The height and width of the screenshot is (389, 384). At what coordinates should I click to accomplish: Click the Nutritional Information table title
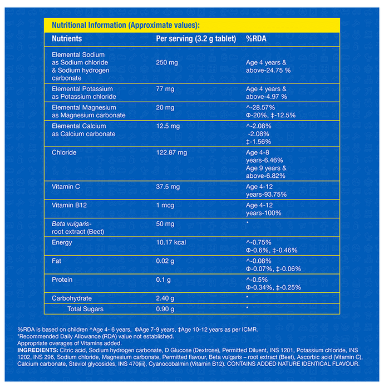(125, 26)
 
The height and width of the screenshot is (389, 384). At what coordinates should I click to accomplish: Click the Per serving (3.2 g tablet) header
(196, 39)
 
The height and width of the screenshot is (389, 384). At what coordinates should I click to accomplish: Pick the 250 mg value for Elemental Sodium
(167, 63)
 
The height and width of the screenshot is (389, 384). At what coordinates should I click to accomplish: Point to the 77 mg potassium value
(165, 89)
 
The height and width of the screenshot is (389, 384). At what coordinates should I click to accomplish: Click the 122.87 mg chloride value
(171, 152)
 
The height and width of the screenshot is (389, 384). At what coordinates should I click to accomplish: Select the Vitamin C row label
(66, 187)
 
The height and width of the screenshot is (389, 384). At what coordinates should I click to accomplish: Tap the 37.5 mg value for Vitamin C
(168, 187)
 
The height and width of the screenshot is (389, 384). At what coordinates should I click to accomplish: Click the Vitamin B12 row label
(68, 205)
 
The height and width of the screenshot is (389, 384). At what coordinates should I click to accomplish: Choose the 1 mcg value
(166, 205)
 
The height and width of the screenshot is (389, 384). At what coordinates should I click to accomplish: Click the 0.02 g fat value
(166, 261)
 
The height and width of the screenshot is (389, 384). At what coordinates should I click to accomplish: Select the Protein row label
(62, 280)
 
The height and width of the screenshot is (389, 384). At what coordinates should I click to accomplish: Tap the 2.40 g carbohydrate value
(166, 298)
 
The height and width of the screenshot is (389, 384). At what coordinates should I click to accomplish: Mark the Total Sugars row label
(85, 309)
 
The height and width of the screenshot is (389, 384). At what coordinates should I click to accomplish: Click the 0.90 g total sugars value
(166, 309)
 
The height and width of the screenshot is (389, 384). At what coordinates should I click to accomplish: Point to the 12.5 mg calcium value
(168, 126)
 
